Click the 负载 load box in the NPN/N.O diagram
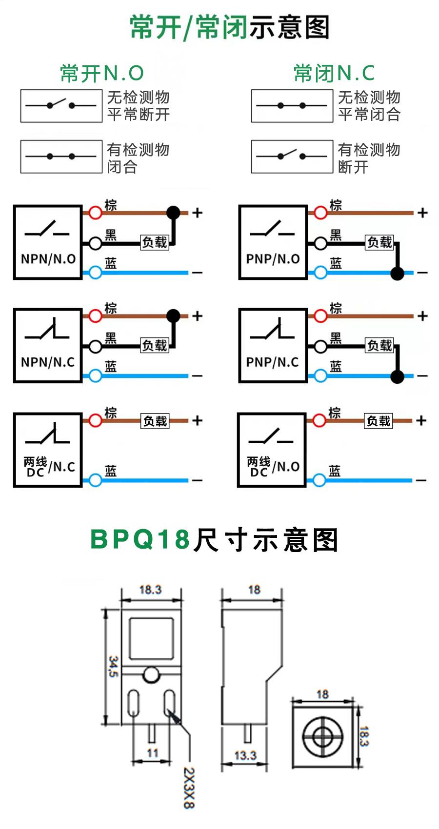155,242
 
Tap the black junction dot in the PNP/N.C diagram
398,376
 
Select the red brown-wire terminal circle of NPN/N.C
95,316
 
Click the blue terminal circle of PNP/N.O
320,273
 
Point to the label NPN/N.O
48,258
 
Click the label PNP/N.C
272,362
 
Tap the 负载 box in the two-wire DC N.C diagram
155,420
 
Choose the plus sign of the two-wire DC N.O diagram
421,420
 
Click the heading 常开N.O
102,74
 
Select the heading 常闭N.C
334,74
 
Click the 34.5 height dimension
113,666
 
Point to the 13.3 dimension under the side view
245,755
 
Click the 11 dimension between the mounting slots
153,753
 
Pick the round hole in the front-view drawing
151,675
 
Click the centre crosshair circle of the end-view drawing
322,735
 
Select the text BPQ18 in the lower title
140,540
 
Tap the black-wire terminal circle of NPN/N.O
95,242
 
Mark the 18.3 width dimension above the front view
150,590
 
